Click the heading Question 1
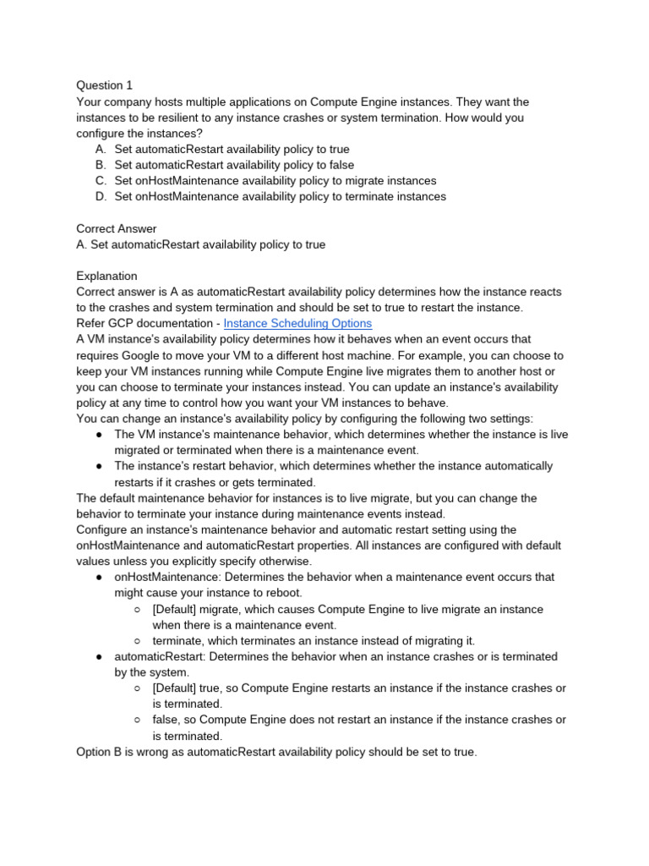(x=104, y=85)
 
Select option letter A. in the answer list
(x=101, y=149)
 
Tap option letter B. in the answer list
(x=101, y=165)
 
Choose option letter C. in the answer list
(x=101, y=181)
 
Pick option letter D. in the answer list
(x=101, y=197)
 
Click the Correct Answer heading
(x=117, y=228)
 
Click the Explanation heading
(x=106, y=276)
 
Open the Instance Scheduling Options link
(x=297, y=323)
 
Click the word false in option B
(x=339, y=165)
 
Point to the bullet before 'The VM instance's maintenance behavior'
(x=99, y=435)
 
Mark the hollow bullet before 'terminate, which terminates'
(x=138, y=641)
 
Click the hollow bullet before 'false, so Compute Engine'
(x=138, y=721)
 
